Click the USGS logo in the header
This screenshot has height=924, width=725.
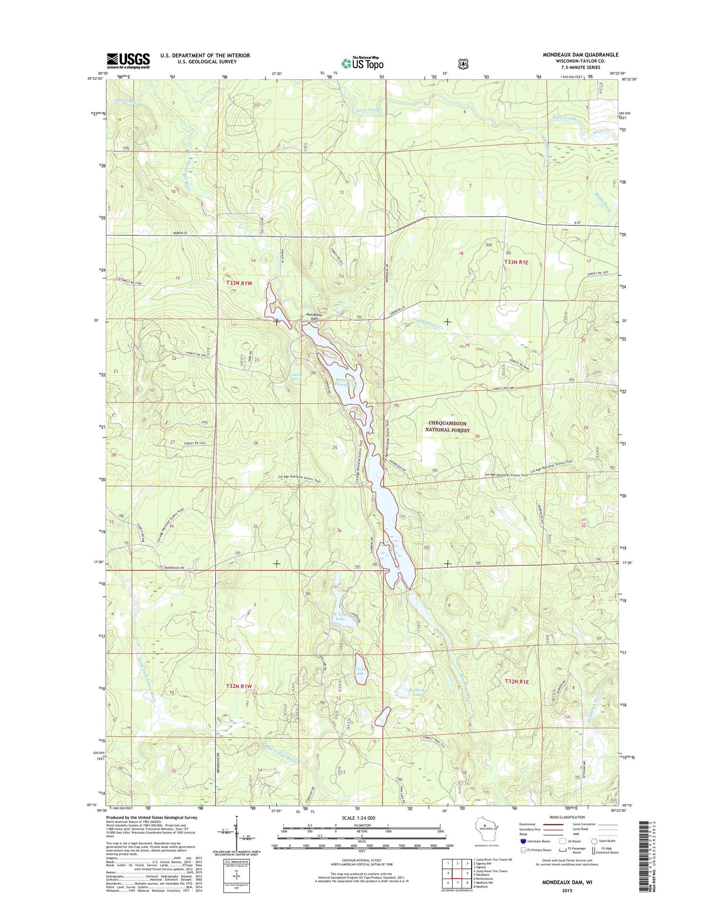[128, 61]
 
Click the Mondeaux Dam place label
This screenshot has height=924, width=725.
[314, 317]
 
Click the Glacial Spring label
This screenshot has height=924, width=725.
[296, 376]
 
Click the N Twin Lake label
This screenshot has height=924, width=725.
[340, 616]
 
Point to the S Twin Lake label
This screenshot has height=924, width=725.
[359, 671]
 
